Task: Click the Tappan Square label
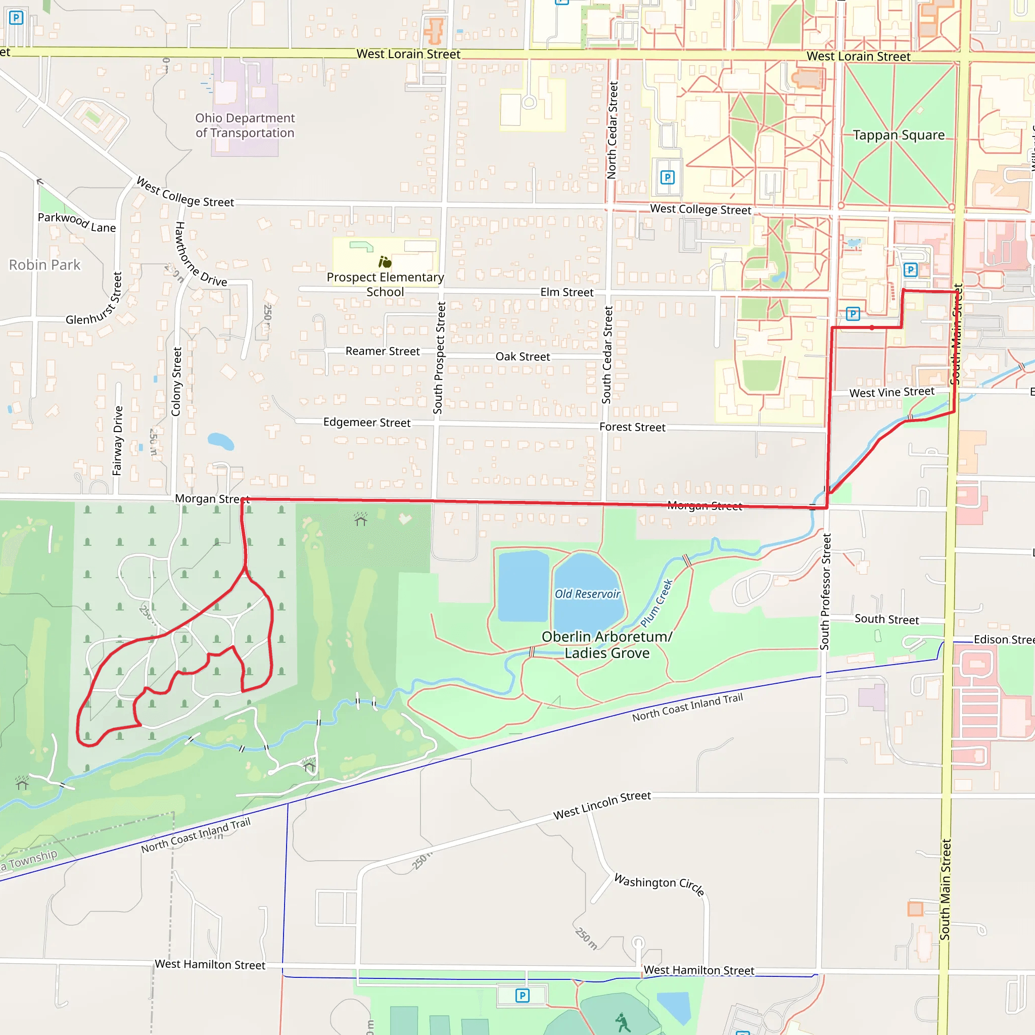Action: coord(899,135)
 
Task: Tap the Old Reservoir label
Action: coord(587,594)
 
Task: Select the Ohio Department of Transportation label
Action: coord(245,125)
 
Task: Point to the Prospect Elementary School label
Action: coord(385,285)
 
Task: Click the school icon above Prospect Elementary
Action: coord(385,262)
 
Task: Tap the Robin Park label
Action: coord(44,265)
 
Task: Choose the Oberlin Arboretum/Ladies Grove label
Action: coord(607,644)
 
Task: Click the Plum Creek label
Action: coord(656,603)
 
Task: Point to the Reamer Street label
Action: coord(383,351)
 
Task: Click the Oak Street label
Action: coord(523,356)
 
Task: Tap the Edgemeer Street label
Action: coord(367,422)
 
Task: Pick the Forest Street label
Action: coord(632,427)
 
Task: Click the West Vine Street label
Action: coord(891,392)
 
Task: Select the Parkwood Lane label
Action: coord(77,222)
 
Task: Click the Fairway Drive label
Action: coord(118,440)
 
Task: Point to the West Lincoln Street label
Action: coord(602,805)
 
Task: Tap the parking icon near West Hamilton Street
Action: coord(523,996)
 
